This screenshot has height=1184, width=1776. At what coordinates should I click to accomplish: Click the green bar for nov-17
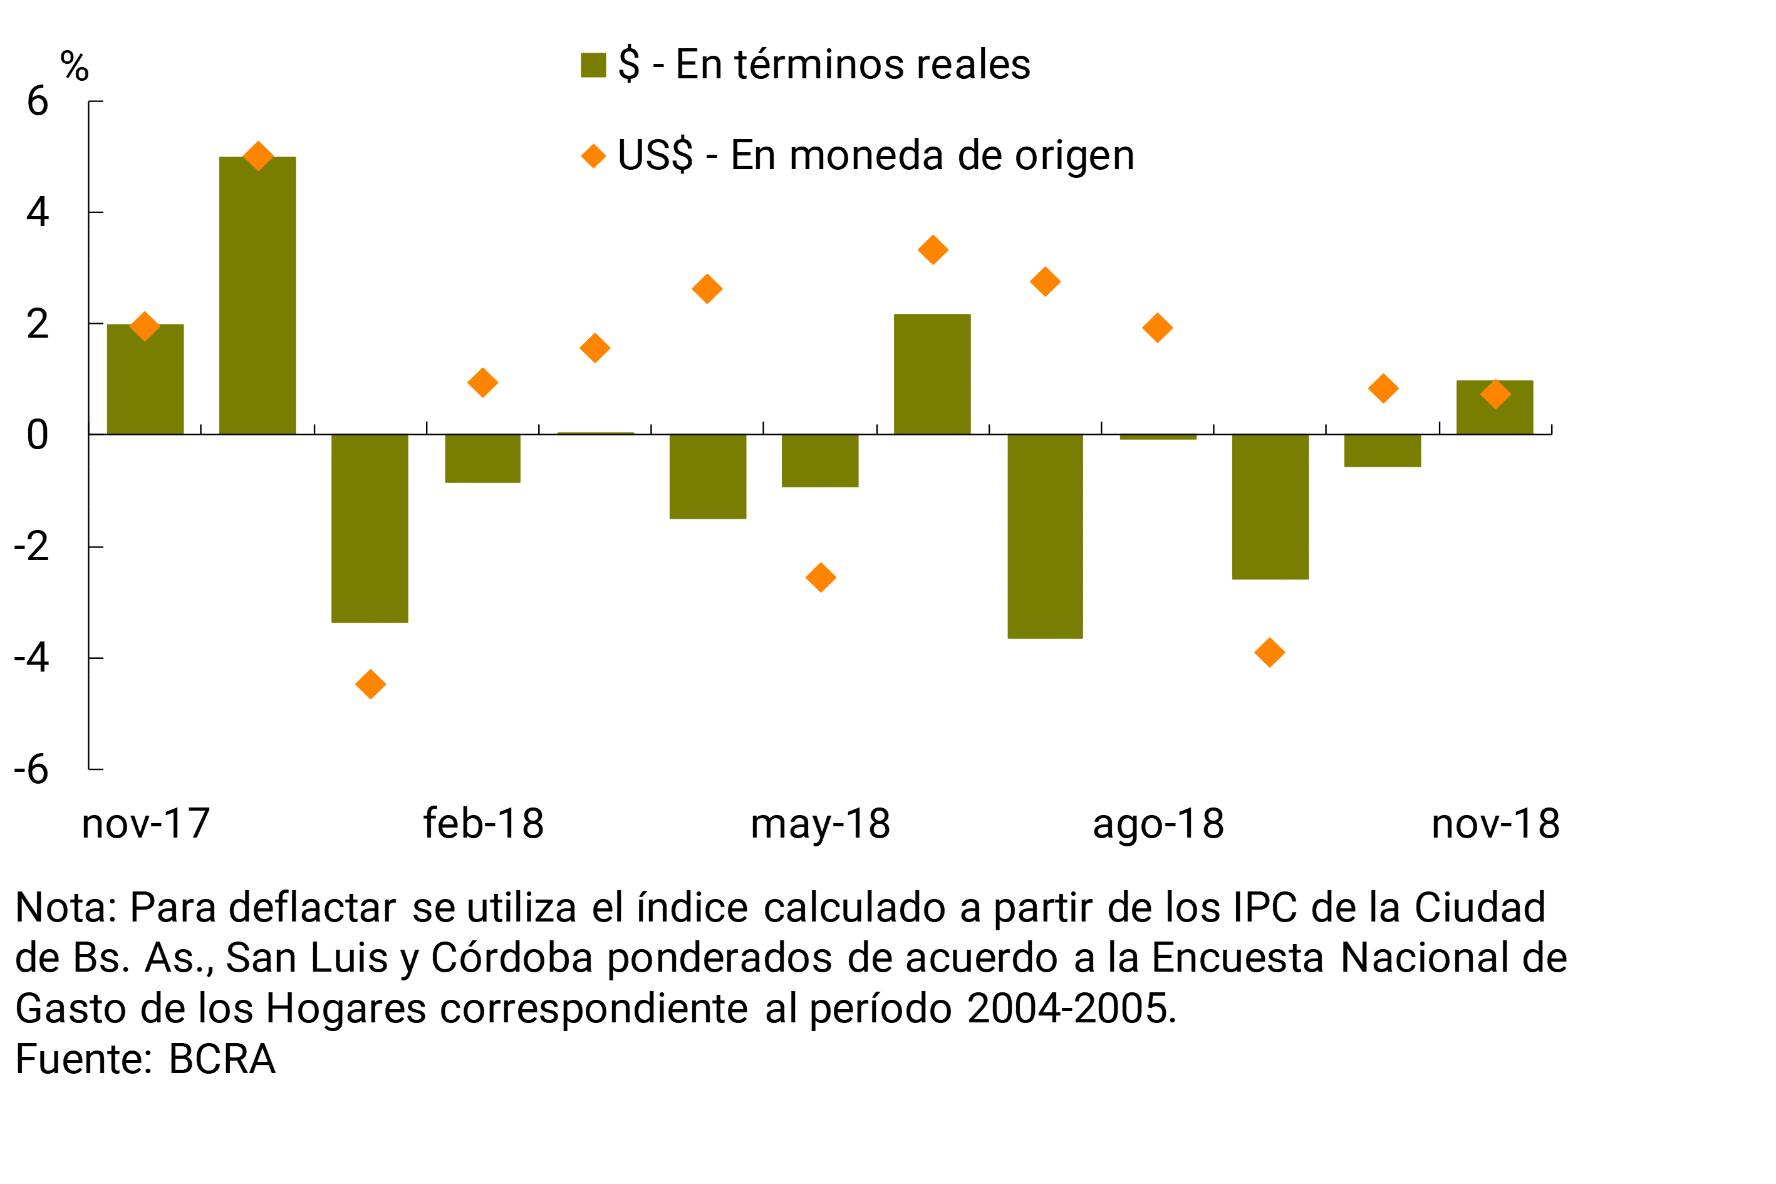pyautogui.click(x=145, y=379)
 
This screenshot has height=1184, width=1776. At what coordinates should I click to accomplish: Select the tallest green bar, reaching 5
pyautogui.click(x=257, y=295)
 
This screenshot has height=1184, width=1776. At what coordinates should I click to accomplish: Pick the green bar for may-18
pyautogui.click(x=820, y=460)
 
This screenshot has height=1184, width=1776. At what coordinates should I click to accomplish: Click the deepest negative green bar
pyautogui.click(x=1045, y=536)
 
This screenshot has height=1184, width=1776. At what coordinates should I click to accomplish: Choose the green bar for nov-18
pyautogui.click(x=1494, y=407)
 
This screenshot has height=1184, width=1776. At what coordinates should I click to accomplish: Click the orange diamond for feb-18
pyautogui.click(x=482, y=383)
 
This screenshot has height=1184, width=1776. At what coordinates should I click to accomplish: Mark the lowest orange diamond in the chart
pyautogui.click(x=370, y=684)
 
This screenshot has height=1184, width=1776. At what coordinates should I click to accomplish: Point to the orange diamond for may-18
pyautogui.click(x=821, y=578)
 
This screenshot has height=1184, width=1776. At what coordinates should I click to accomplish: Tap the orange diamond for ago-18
pyautogui.click(x=1158, y=328)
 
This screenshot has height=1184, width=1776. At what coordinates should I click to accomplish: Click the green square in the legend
pyautogui.click(x=593, y=65)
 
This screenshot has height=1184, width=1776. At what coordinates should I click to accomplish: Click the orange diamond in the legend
pyautogui.click(x=593, y=157)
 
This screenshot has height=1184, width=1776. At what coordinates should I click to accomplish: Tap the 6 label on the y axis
pyautogui.click(x=37, y=101)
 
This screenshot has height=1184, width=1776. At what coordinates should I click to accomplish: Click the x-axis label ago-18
pyautogui.click(x=1158, y=824)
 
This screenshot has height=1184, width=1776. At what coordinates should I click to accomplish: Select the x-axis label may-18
pyautogui.click(x=820, y=824)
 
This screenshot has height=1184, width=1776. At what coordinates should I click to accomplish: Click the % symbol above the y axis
pyautogui.click(x=74, y=66)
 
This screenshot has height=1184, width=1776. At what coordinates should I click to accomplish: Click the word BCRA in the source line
pyautogui.click(x=221, y=1059)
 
